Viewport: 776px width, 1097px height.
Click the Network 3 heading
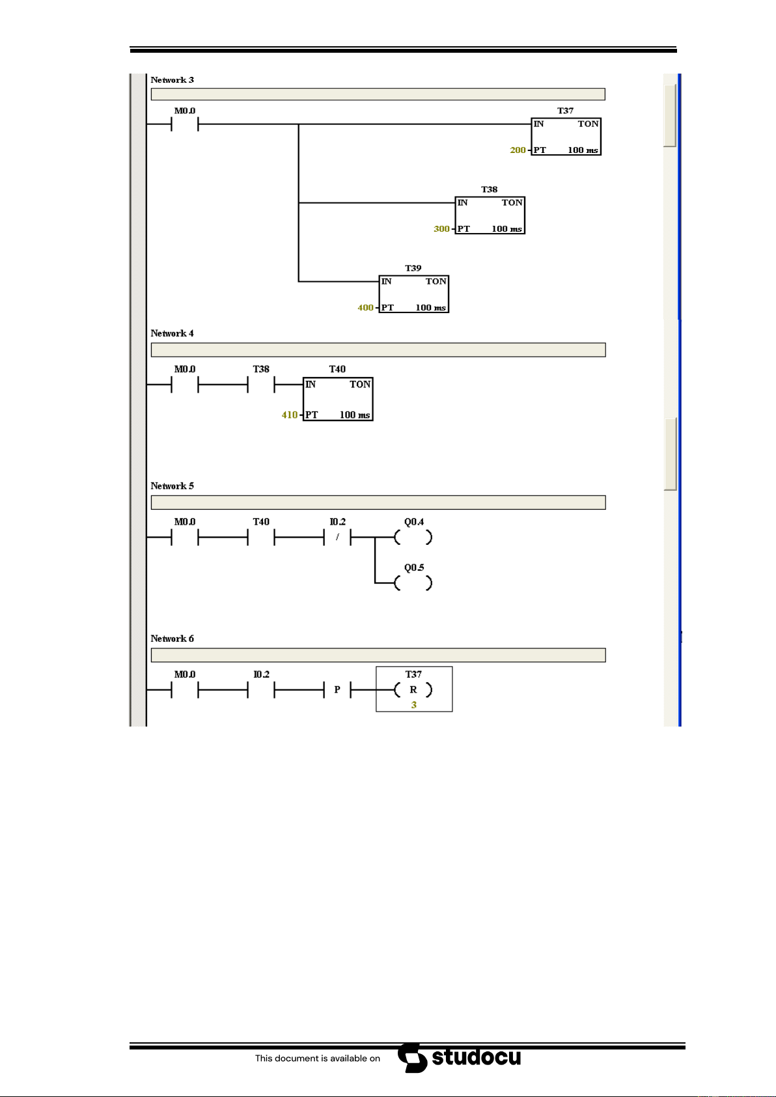pos(172,80)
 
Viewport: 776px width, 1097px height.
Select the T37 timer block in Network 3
pos(566,137)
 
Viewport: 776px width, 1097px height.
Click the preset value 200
pos(518,150)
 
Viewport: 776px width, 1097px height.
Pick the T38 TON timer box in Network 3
pos(490,215)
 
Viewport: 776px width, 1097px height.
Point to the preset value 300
pos(441,229)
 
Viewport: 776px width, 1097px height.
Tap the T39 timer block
pos(413,294)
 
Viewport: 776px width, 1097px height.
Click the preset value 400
pos(365,307)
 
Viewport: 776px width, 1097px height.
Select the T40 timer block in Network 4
pos(338,399)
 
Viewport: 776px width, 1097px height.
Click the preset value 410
pos(289,415)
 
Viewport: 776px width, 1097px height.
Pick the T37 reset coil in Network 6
pos(413,689)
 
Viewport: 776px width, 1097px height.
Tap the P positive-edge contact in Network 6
pos(337,689)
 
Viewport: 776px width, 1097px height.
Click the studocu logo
pos(459,1058)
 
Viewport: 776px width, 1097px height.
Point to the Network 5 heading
pos(172,486)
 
